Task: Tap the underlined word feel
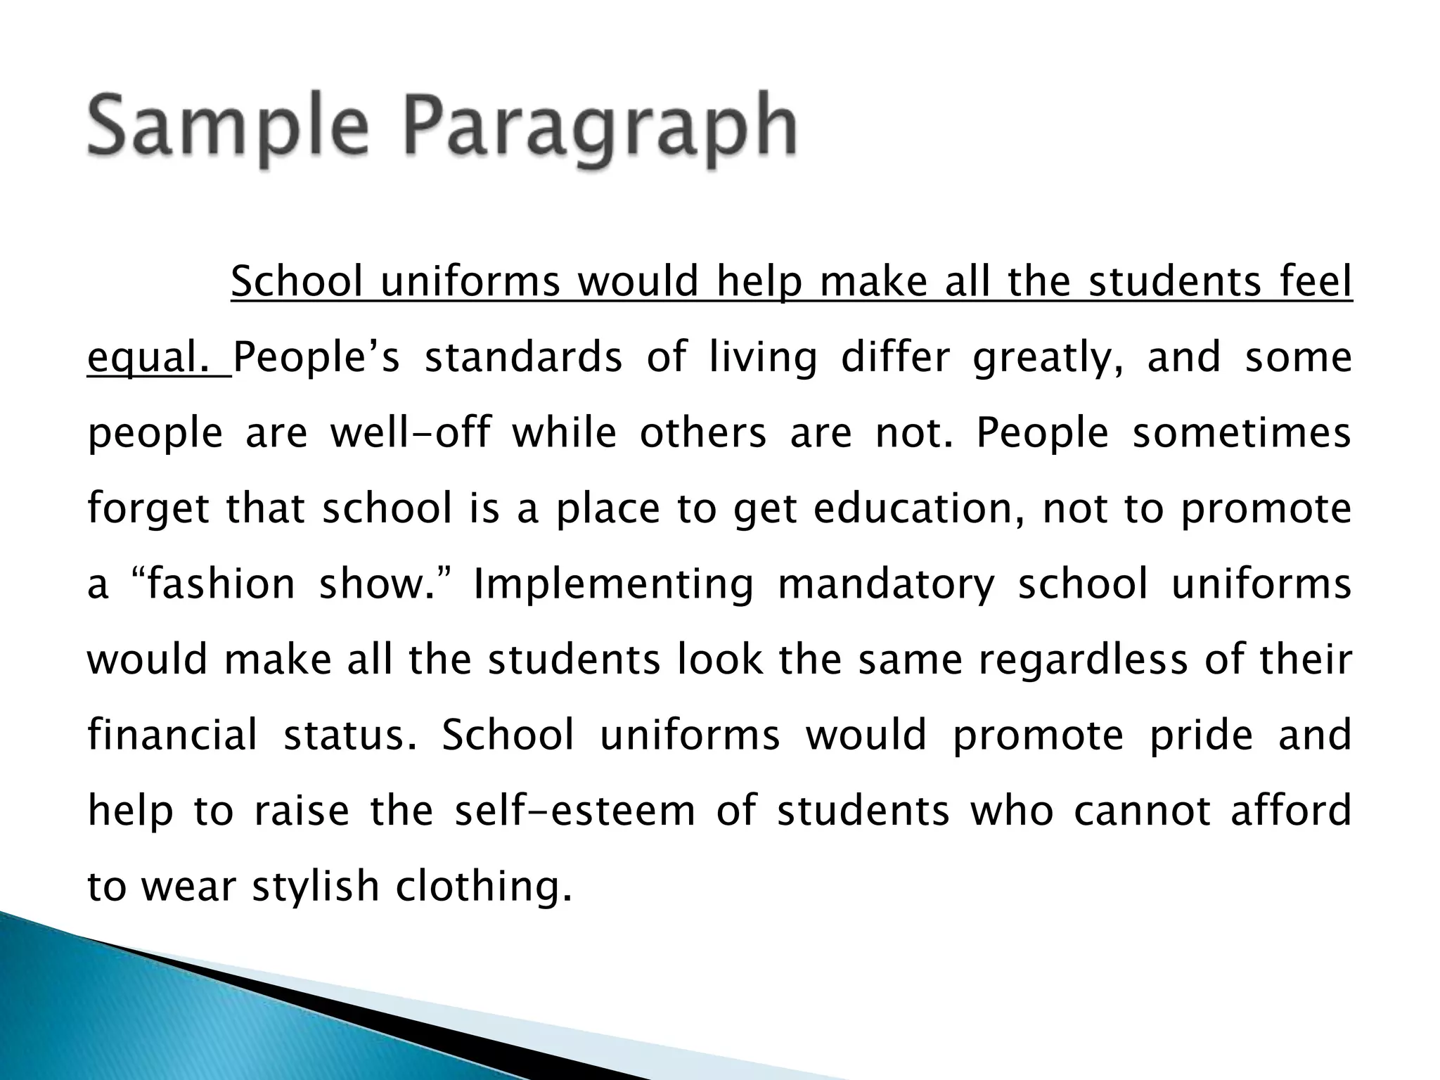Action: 1313,283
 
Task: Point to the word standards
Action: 524,357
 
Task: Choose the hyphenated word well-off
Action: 411,433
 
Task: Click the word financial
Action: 173,735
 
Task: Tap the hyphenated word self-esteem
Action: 575,811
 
